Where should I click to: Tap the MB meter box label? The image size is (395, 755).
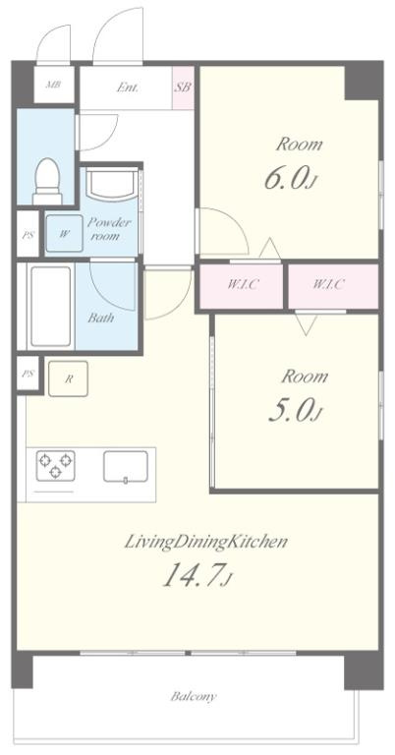(53, 86)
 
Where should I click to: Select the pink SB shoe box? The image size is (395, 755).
(183, 87)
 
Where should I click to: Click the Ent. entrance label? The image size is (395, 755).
(128, 87)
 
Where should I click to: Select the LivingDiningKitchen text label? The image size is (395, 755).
(206, 542)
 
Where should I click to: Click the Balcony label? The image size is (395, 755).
(194, 696)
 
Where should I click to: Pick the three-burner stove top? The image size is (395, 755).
(55, 465)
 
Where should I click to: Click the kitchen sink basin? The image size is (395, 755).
(125, 466)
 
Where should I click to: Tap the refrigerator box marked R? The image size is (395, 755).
(69, 378)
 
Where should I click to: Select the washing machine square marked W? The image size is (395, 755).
(65, 234)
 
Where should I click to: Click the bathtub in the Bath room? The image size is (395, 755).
(50, 306)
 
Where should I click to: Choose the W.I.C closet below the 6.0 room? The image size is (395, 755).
(242, 285)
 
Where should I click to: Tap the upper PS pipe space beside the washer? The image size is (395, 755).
(28, 235)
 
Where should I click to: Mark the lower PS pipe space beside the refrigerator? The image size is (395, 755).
(28, 374)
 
